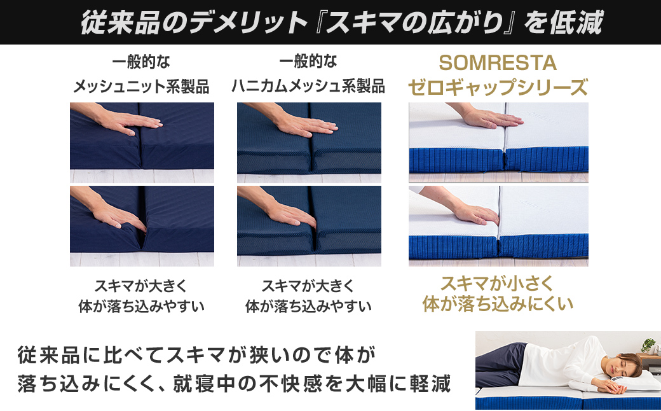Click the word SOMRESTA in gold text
click(498, 63)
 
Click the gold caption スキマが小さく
click(498, 282)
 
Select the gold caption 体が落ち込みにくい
click(498, 303)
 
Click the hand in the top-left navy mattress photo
click(114, 122)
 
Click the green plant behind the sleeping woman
click(648, 345)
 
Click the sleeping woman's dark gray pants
click(502, 363)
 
